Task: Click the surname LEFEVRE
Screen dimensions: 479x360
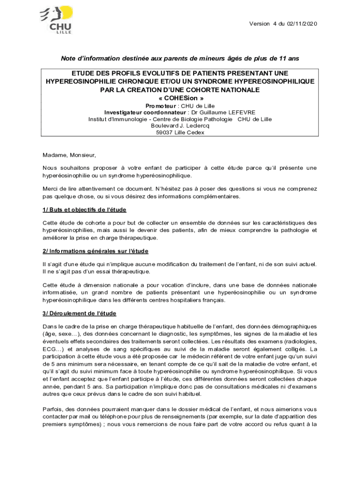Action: [239, 113]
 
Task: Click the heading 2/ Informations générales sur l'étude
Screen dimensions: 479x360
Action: [95, 251]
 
